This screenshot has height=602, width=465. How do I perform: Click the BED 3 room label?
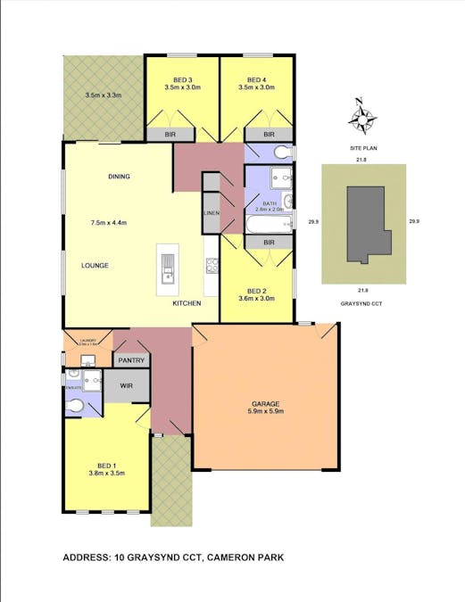(x=183, y=78)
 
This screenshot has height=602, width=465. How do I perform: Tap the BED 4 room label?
(x=258, y=78)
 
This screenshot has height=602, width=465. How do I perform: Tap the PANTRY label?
(x=130, y=360)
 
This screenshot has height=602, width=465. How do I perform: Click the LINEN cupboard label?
(x=212, y=214)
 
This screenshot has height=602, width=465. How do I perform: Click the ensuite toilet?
(x=77, y=407)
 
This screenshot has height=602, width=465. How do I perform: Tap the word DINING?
(x=119, y=177)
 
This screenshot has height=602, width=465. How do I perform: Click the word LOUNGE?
(x=95, y=266)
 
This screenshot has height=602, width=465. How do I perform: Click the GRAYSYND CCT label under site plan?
(x=362, y=303)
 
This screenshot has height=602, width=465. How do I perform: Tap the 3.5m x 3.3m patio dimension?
(x=103, y=95)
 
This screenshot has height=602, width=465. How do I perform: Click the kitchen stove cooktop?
(x=212, y=265)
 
